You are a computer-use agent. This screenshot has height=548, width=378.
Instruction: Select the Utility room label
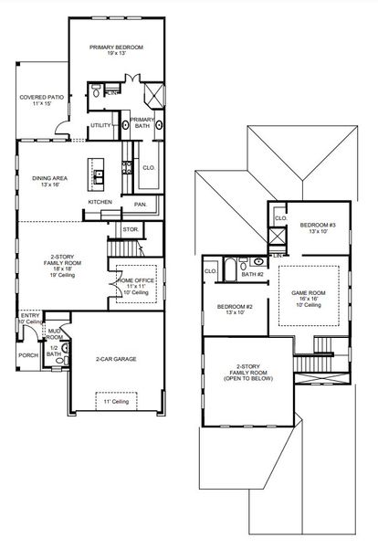tap(100, 125)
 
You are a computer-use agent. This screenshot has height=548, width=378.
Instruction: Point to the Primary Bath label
tap(142, 122)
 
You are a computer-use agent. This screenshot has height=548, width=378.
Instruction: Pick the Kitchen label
tap(100, 202)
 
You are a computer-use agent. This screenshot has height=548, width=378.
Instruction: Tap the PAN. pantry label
tap(141, 205)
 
